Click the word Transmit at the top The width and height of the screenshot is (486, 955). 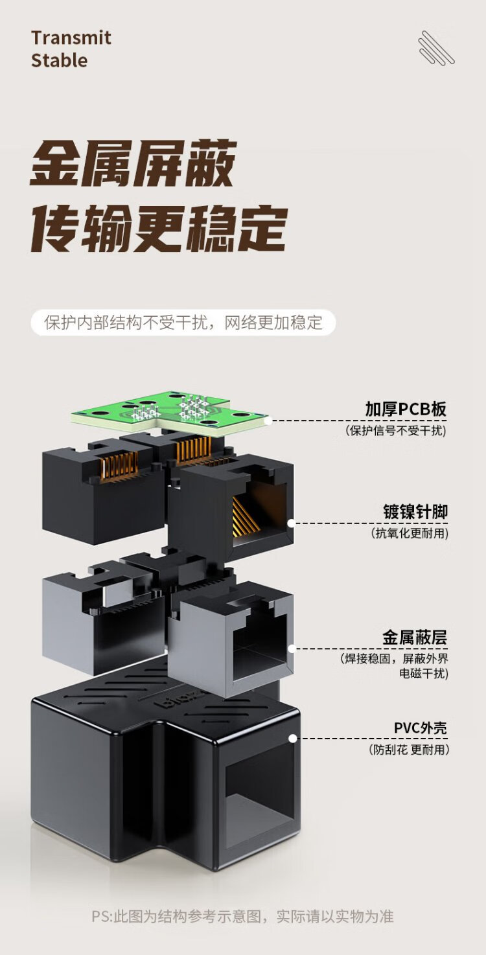click(71, 38)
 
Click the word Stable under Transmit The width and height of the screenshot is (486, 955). click(59, 60)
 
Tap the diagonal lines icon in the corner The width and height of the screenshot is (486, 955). click(435, 48)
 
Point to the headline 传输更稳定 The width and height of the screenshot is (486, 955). click(159, 227)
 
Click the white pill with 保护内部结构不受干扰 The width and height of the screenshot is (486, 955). click(183, 323)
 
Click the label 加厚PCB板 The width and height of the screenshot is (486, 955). click(406, 409)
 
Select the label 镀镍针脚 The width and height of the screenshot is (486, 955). click(415, 512)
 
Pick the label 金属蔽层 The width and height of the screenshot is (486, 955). click(415, 638)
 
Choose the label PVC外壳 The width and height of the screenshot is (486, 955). click(420, 728)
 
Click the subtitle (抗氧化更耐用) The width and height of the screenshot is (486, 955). click(410, 533)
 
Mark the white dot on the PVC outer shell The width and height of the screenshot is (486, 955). click(292, 738)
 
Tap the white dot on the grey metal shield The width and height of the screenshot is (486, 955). click(292, 647)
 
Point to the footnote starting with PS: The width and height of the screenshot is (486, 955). click(242, 917)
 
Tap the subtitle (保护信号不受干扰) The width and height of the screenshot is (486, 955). click(397, 430)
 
